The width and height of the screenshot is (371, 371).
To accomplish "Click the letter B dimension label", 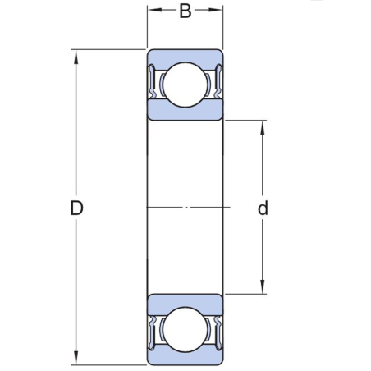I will (x=185, y=11).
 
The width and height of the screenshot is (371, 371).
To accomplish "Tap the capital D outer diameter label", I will (x=76, y=208).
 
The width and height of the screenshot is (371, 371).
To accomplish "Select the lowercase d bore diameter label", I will (x=263, y=208).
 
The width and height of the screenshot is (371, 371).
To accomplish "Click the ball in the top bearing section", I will (x=185, y=85).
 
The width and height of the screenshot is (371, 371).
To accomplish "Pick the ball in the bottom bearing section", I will (x=185, y=330).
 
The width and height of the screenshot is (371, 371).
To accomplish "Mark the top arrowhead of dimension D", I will (x=76, y=55).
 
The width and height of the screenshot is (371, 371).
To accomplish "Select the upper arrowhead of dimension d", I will (x=263, y=126).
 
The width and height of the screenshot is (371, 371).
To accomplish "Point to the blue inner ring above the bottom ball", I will (x=185, y=302).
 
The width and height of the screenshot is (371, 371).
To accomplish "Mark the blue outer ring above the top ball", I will (x=185, y=57).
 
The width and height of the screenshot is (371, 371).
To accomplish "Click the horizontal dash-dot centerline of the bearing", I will (x=185, y=207).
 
